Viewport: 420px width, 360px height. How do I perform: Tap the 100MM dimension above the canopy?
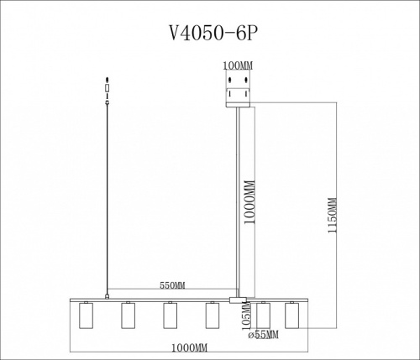click(238, 64)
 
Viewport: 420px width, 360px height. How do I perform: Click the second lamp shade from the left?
click(129, 316)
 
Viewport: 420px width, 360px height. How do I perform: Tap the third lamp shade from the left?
click(169, 316)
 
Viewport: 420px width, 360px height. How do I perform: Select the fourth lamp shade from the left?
click(211, 316)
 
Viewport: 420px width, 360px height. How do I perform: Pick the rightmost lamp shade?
click(291, 316)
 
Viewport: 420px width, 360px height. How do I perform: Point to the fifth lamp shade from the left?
click(263, 316)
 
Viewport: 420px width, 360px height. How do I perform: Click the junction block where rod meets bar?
click(238, 299)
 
